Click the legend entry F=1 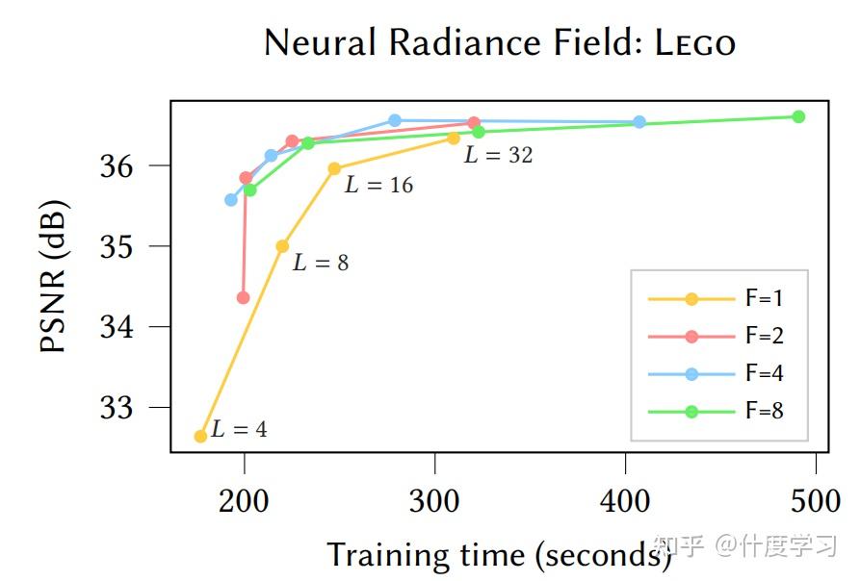pyautogui.click(x=764, y=298)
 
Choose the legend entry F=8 pyautogui.click(x=764, y=412)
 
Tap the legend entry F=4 pyautogui.click(x=764, y=374)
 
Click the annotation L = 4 pyautogui.click(x=239, y=430)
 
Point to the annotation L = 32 pyautogui.click(x=498, y=155)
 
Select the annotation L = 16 pyautogui.click(x=378, y=186)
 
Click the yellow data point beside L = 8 pyautogui.click(x=282, y=246)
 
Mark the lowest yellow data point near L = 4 pyautogui.click(x=200, y=436)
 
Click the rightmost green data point pyautogui.click(x=798, y=116)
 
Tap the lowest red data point pyautogui.click(x=243, y=297)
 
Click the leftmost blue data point pyautogui.click(x=231, y=199)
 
